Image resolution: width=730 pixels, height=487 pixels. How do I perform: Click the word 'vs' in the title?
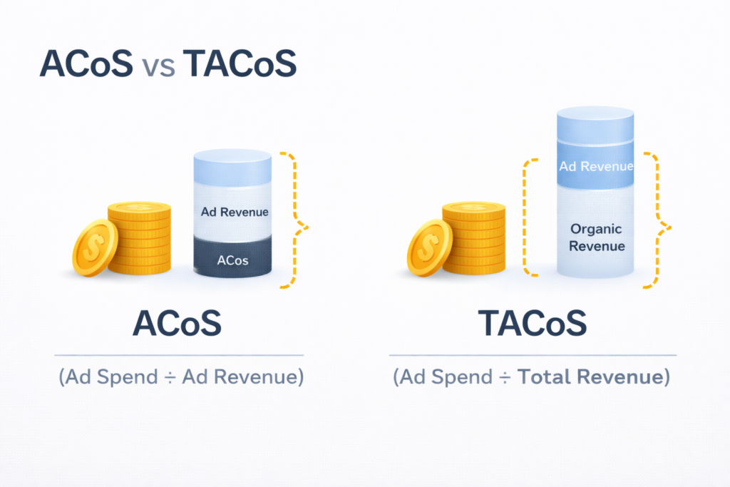point(159,66)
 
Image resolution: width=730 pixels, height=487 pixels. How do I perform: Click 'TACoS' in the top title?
point(240,63)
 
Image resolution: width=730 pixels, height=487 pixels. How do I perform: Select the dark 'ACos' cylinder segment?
point(232,257)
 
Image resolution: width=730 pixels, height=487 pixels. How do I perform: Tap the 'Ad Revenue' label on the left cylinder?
point(235,212)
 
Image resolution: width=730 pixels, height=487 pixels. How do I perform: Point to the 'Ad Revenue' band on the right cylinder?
point(595,165)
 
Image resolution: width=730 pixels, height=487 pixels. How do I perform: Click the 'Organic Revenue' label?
point(597,237)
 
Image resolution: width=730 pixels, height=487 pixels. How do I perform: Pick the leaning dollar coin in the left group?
point(95,247)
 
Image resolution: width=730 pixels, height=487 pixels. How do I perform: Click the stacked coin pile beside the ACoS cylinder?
point(140,237)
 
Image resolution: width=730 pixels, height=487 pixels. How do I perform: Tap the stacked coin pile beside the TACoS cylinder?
point(474,237)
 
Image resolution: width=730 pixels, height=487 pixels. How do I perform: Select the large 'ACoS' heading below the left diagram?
point(177,323)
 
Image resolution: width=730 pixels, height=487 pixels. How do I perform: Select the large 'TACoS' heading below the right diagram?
point(532,323)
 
